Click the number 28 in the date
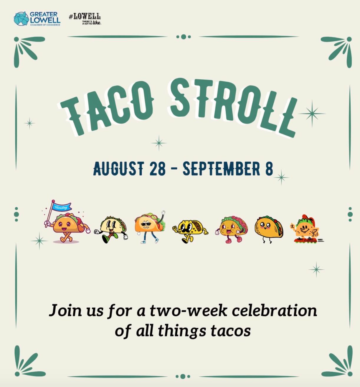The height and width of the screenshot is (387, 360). pos(157,169)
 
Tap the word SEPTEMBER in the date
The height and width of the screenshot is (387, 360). pos(221,169)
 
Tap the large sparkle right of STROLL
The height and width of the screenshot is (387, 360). pos(312,114)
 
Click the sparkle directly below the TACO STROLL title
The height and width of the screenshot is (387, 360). pos(159,143)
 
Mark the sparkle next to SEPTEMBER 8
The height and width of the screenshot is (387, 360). pos(281,177)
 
